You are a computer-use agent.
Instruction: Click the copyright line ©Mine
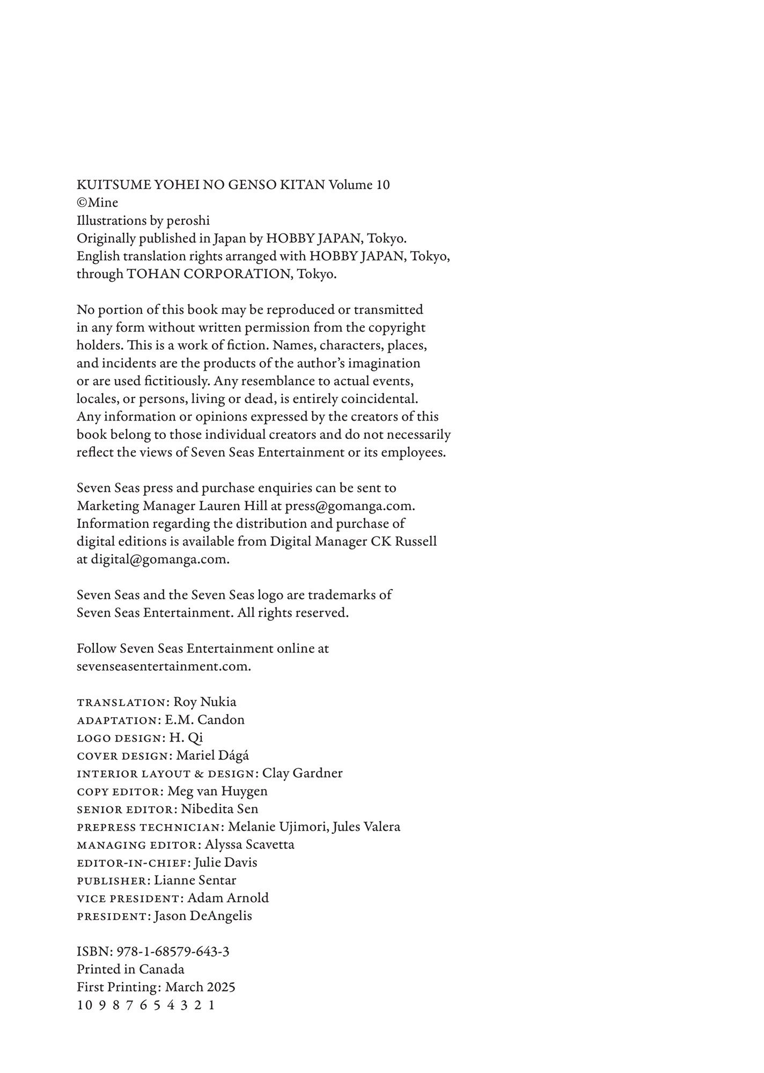click(x=97, y=203)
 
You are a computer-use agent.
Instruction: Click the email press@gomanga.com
click(x=349, y=506)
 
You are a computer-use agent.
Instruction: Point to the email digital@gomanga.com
click(x=159, y=559)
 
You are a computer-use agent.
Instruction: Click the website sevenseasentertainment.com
click(x=163, y=666)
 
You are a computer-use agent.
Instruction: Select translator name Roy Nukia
click(x=205, y=702)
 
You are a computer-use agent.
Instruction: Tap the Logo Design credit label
click(x=119, y=738)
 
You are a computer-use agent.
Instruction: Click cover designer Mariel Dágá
click(x=212, y=755)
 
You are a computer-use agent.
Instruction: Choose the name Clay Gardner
click(x=302, y=773)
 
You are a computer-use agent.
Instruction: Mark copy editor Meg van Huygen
click(x=217, y=791)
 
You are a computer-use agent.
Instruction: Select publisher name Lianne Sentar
click(x=195, y=880)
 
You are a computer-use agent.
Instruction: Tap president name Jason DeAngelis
click(x=203, y=916)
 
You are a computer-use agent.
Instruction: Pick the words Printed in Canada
click(x=130, y=969)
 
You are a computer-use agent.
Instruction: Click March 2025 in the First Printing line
click(x=200, y=987)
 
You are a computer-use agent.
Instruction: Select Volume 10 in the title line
click(x=359, y=185)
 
